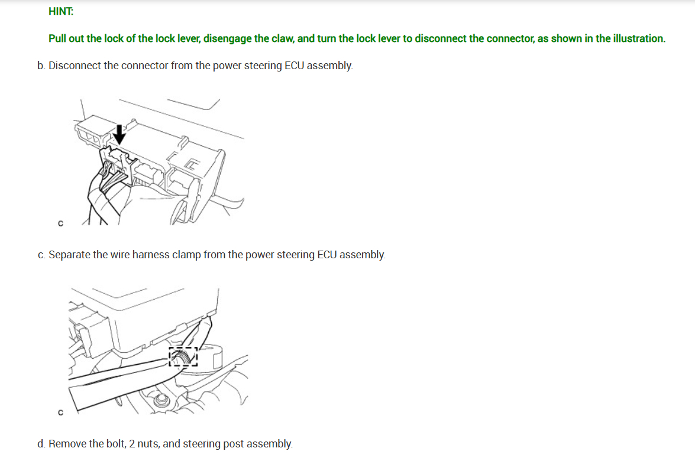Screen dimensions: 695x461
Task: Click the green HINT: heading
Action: (x=61, y=11)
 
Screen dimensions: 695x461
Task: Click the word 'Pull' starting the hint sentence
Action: (x=57, y=38)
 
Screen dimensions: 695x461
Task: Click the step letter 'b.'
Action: (x=41, y=66)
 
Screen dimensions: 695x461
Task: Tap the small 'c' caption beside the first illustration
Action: (x=61, y=223)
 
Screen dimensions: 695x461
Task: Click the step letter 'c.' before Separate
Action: (x=41, y=255)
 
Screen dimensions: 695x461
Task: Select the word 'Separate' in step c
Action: (x=69, y=255)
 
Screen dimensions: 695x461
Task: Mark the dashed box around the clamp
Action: (x=183, y=348)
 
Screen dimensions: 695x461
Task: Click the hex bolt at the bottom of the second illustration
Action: (x=161, y=401)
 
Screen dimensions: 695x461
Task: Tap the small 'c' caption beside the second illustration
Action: (x=61, y=413)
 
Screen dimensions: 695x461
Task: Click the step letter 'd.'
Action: (x=41, y=444)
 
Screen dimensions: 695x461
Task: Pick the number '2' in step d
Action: (x=132, y=444)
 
